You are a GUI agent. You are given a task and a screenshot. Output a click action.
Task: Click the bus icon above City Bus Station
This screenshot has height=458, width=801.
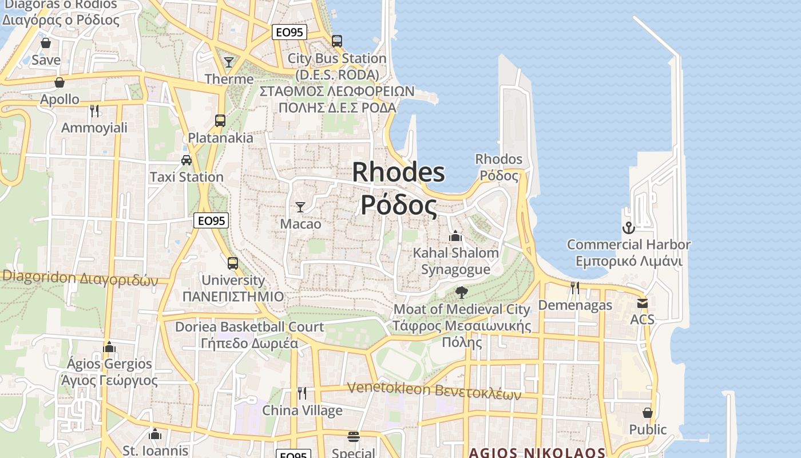click(337, 41)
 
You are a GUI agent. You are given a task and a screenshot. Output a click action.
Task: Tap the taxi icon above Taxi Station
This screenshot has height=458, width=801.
click(187, 160)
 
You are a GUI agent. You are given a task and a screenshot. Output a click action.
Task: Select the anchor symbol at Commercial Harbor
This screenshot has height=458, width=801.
click(629, 228)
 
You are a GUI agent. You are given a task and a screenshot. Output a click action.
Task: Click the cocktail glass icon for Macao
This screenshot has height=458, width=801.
click(300, 207)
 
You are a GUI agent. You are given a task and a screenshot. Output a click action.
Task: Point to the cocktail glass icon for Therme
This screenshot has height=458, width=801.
click(229, 62)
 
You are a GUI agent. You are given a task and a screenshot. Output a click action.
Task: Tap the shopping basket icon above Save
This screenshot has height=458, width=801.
click(46, 43)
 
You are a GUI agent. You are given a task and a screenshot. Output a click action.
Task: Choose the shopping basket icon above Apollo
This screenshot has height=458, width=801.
click(60, 82)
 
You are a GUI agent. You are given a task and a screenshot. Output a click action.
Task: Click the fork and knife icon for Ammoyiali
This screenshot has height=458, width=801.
click(94, 110)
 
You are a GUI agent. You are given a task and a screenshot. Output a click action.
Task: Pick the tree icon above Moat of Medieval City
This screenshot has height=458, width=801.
click(462, 293)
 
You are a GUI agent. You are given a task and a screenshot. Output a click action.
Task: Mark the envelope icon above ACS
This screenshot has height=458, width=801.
click(643, 303)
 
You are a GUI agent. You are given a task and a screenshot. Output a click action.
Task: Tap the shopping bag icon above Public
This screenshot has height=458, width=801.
click(648, 413)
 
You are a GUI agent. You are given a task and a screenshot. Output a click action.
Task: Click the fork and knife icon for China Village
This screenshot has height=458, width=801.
click(302, 393)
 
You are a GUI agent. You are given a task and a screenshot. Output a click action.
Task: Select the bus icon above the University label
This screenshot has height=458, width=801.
click(233, 263)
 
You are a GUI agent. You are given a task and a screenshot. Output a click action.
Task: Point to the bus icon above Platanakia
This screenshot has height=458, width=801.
click(220, 121)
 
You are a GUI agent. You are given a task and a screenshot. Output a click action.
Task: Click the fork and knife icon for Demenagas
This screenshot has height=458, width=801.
click(575, 288)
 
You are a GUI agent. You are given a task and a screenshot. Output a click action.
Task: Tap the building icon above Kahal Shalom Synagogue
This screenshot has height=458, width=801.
click(455, 236)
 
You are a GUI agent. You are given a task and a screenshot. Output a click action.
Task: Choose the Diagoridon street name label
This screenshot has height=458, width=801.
click(80, 279)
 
